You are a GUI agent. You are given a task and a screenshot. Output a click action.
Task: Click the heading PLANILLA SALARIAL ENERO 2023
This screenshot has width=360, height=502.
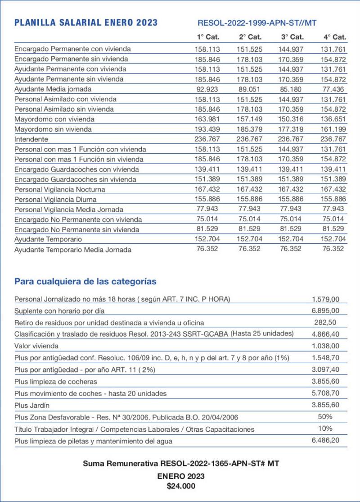(86, 23)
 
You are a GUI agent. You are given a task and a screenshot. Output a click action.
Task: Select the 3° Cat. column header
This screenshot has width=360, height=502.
(292, 37)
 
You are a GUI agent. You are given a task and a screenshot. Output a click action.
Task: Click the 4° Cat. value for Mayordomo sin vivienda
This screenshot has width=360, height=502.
(333, 129)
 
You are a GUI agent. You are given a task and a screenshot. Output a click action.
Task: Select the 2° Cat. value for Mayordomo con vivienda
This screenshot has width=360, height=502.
(249, 119)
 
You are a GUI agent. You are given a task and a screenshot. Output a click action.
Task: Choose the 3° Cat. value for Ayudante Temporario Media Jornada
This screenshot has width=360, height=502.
(291, 249)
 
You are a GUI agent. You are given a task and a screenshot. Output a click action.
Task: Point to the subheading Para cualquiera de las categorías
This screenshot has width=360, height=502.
(85, 282)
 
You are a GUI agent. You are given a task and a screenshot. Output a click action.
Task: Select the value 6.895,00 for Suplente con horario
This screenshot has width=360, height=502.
(325, 310)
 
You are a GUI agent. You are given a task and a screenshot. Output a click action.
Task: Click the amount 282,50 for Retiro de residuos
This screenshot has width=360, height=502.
(325, 322)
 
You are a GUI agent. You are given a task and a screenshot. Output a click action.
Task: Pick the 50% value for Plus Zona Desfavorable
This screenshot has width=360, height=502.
(325, 416)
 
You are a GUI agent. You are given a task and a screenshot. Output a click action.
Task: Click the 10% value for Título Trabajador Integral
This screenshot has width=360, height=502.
(325, 428)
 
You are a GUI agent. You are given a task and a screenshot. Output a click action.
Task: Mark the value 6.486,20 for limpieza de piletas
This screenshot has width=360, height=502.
(325, 440)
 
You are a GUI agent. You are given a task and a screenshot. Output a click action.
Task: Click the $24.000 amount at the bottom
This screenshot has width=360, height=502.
(180, 486)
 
